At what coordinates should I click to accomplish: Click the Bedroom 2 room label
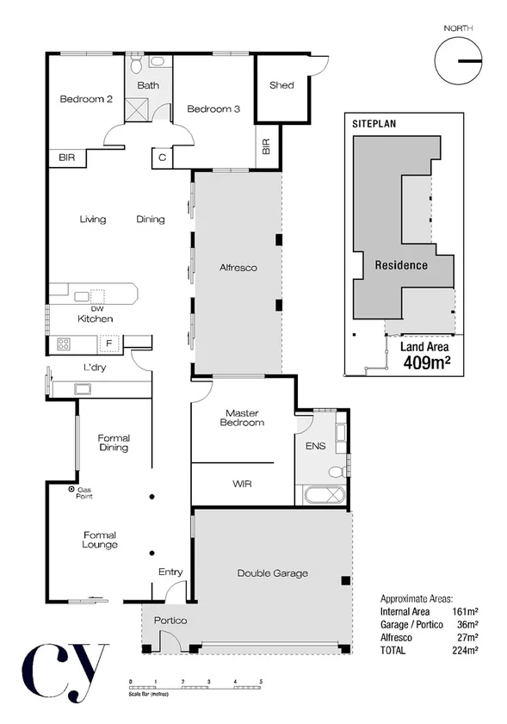coord(86,99)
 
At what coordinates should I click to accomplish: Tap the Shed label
coord(281,85)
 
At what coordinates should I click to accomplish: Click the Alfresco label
coord(238,269)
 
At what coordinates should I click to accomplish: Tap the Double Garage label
coord(273,573)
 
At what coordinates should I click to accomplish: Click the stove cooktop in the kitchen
coord(65,344)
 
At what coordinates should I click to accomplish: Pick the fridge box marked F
coord(108,344)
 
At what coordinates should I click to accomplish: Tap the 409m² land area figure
coord(429,362)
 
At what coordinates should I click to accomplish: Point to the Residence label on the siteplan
coord(401,265)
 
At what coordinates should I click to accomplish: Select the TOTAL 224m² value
coord(467,651)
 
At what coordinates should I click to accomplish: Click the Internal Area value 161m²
coord(466,610)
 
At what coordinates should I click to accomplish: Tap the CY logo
coord(65,669)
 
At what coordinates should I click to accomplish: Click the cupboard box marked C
coord(163,158)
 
